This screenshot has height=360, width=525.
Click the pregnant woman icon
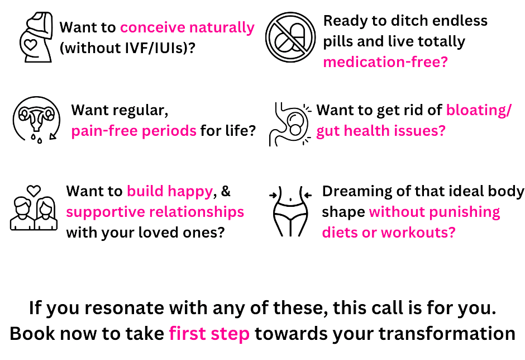point(36,37)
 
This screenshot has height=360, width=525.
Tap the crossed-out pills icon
point(290,37)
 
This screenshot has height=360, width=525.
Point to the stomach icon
point(290,124)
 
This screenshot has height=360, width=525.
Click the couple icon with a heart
point(34,208)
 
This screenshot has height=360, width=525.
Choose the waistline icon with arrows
point(290,211)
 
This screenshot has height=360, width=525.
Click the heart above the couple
point(34,191)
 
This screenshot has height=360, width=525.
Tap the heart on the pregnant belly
point(31,45)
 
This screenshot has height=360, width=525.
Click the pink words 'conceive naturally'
point(187,27)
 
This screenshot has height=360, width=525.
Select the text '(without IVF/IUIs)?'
point(127,48)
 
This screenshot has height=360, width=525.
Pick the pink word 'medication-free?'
point(385,62)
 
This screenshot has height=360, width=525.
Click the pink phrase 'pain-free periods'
point(133,131)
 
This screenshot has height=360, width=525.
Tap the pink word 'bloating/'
point(479,110)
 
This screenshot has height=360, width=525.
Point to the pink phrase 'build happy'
point(170,191)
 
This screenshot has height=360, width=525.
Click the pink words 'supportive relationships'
point(155,212)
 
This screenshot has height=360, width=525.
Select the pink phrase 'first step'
point(209,334)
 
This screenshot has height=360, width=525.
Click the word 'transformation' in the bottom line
point(447,334)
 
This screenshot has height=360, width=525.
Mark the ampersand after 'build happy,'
point(226,191)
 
